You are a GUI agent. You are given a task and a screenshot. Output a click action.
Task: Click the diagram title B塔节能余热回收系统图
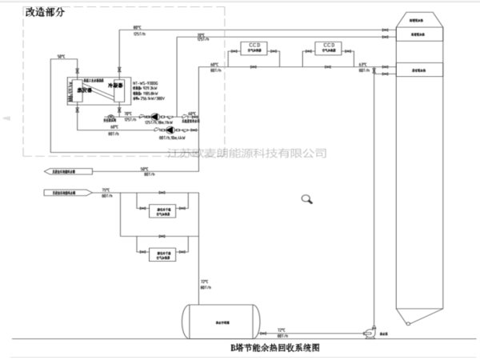click(276, 350)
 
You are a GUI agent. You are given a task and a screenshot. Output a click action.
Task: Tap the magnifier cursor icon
click(306, 200)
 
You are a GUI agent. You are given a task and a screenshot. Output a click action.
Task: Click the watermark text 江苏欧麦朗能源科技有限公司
click(250, 152)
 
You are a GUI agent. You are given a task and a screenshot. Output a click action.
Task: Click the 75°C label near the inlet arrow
click(106, 190)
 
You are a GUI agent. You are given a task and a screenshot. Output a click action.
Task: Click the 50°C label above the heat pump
click(61, 56)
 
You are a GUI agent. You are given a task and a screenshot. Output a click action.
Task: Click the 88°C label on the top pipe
click(137, 27)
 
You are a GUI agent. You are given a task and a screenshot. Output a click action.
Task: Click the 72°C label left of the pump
click(281, 329)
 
